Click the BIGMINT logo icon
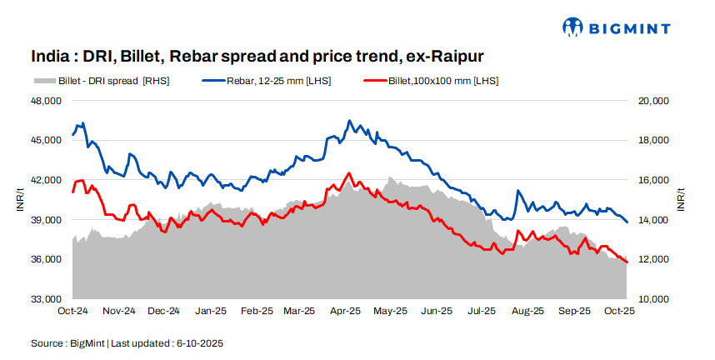[x=574, y=27]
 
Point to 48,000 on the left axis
[x=47, y=101]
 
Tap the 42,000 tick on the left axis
[x=47, y=180]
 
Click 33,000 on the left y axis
[x=47, y=299]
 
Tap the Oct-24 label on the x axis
[x=73, y=311]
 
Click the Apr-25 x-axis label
[x=346, y=311]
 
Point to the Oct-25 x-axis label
[x=618, y=311]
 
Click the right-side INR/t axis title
[x=681, y=200]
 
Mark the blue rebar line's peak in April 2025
[x=349, y=121]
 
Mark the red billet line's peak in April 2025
[x=348, y=173]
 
